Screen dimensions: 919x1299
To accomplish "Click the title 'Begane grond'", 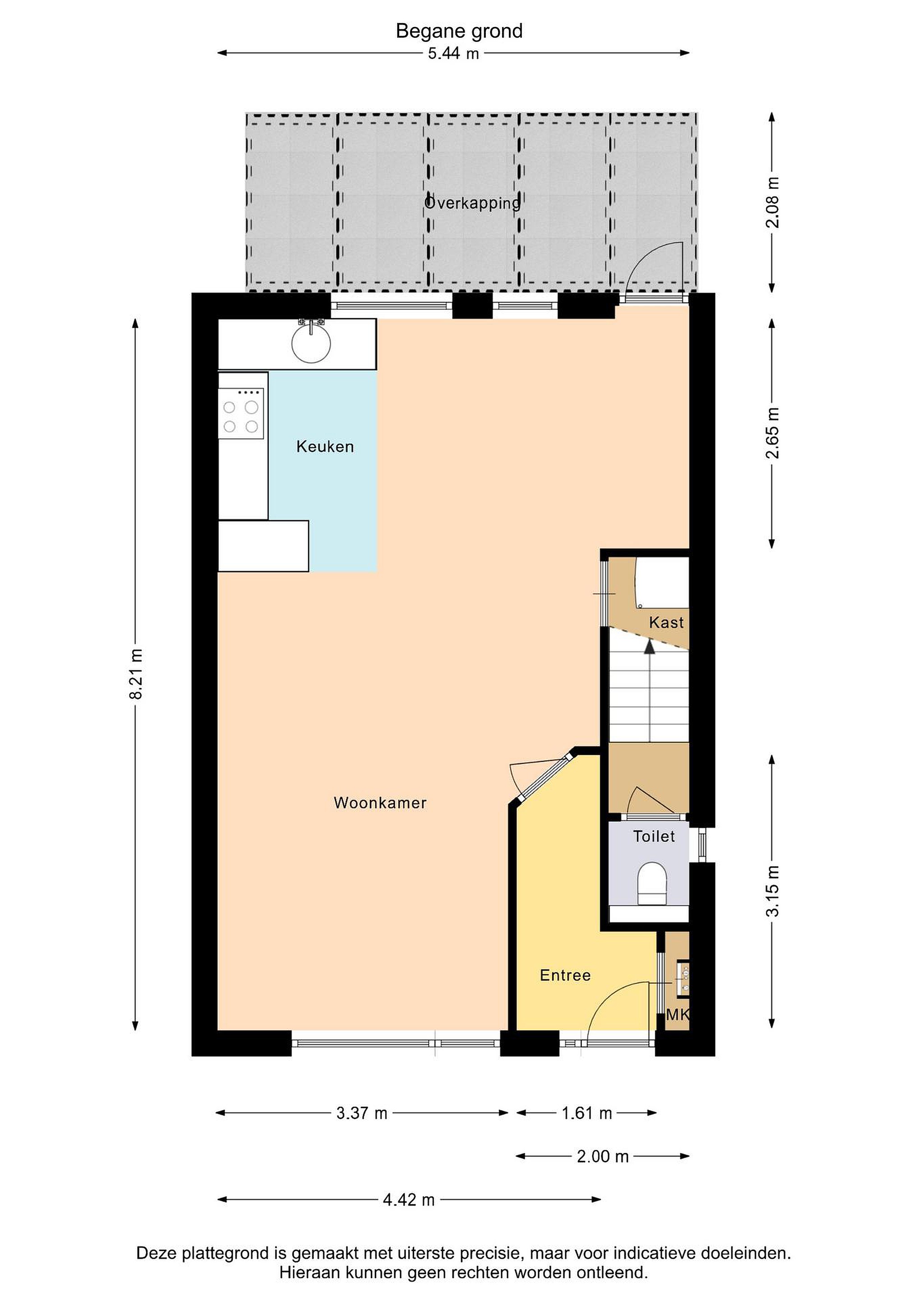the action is [459, 31].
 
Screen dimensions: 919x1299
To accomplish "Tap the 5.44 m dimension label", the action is [453, 54].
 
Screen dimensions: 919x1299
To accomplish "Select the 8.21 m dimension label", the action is [136, 674].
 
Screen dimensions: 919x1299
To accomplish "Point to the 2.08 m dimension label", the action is [772, 202].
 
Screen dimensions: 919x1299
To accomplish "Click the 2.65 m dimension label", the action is [772, 433].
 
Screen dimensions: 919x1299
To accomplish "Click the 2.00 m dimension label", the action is [603, 1156].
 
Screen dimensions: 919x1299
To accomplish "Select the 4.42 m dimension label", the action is [409, 1199].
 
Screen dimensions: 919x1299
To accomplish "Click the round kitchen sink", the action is [311, 342].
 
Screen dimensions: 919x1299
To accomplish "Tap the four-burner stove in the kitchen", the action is [241, 414].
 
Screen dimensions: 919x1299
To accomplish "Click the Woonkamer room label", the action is [380, 803].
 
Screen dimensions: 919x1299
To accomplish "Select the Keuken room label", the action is [325, 447].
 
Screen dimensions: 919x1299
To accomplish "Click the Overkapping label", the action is [472, 203].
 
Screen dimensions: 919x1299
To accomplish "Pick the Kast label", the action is [666, 623].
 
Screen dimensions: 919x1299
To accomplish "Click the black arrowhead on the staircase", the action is [650, 647].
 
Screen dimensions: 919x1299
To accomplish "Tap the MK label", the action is [677, 1030].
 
